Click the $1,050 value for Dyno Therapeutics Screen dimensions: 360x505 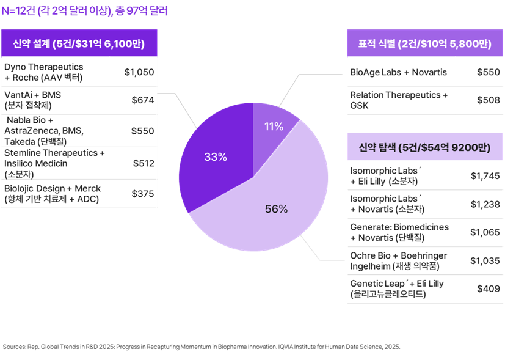139,72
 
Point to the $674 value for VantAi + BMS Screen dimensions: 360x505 142,100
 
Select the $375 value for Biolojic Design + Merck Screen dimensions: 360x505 142,193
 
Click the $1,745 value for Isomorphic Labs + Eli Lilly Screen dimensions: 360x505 485,176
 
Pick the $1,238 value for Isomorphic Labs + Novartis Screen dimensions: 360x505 485,204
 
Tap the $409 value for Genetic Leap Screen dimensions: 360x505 489,288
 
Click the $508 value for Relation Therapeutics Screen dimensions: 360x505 489,100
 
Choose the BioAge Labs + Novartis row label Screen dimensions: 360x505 398,72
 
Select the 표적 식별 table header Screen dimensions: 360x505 425,43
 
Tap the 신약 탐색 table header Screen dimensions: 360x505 425,147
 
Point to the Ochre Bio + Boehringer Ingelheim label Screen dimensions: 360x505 398,260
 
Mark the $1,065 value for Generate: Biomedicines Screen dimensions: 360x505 485,232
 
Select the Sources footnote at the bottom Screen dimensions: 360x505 201,347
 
